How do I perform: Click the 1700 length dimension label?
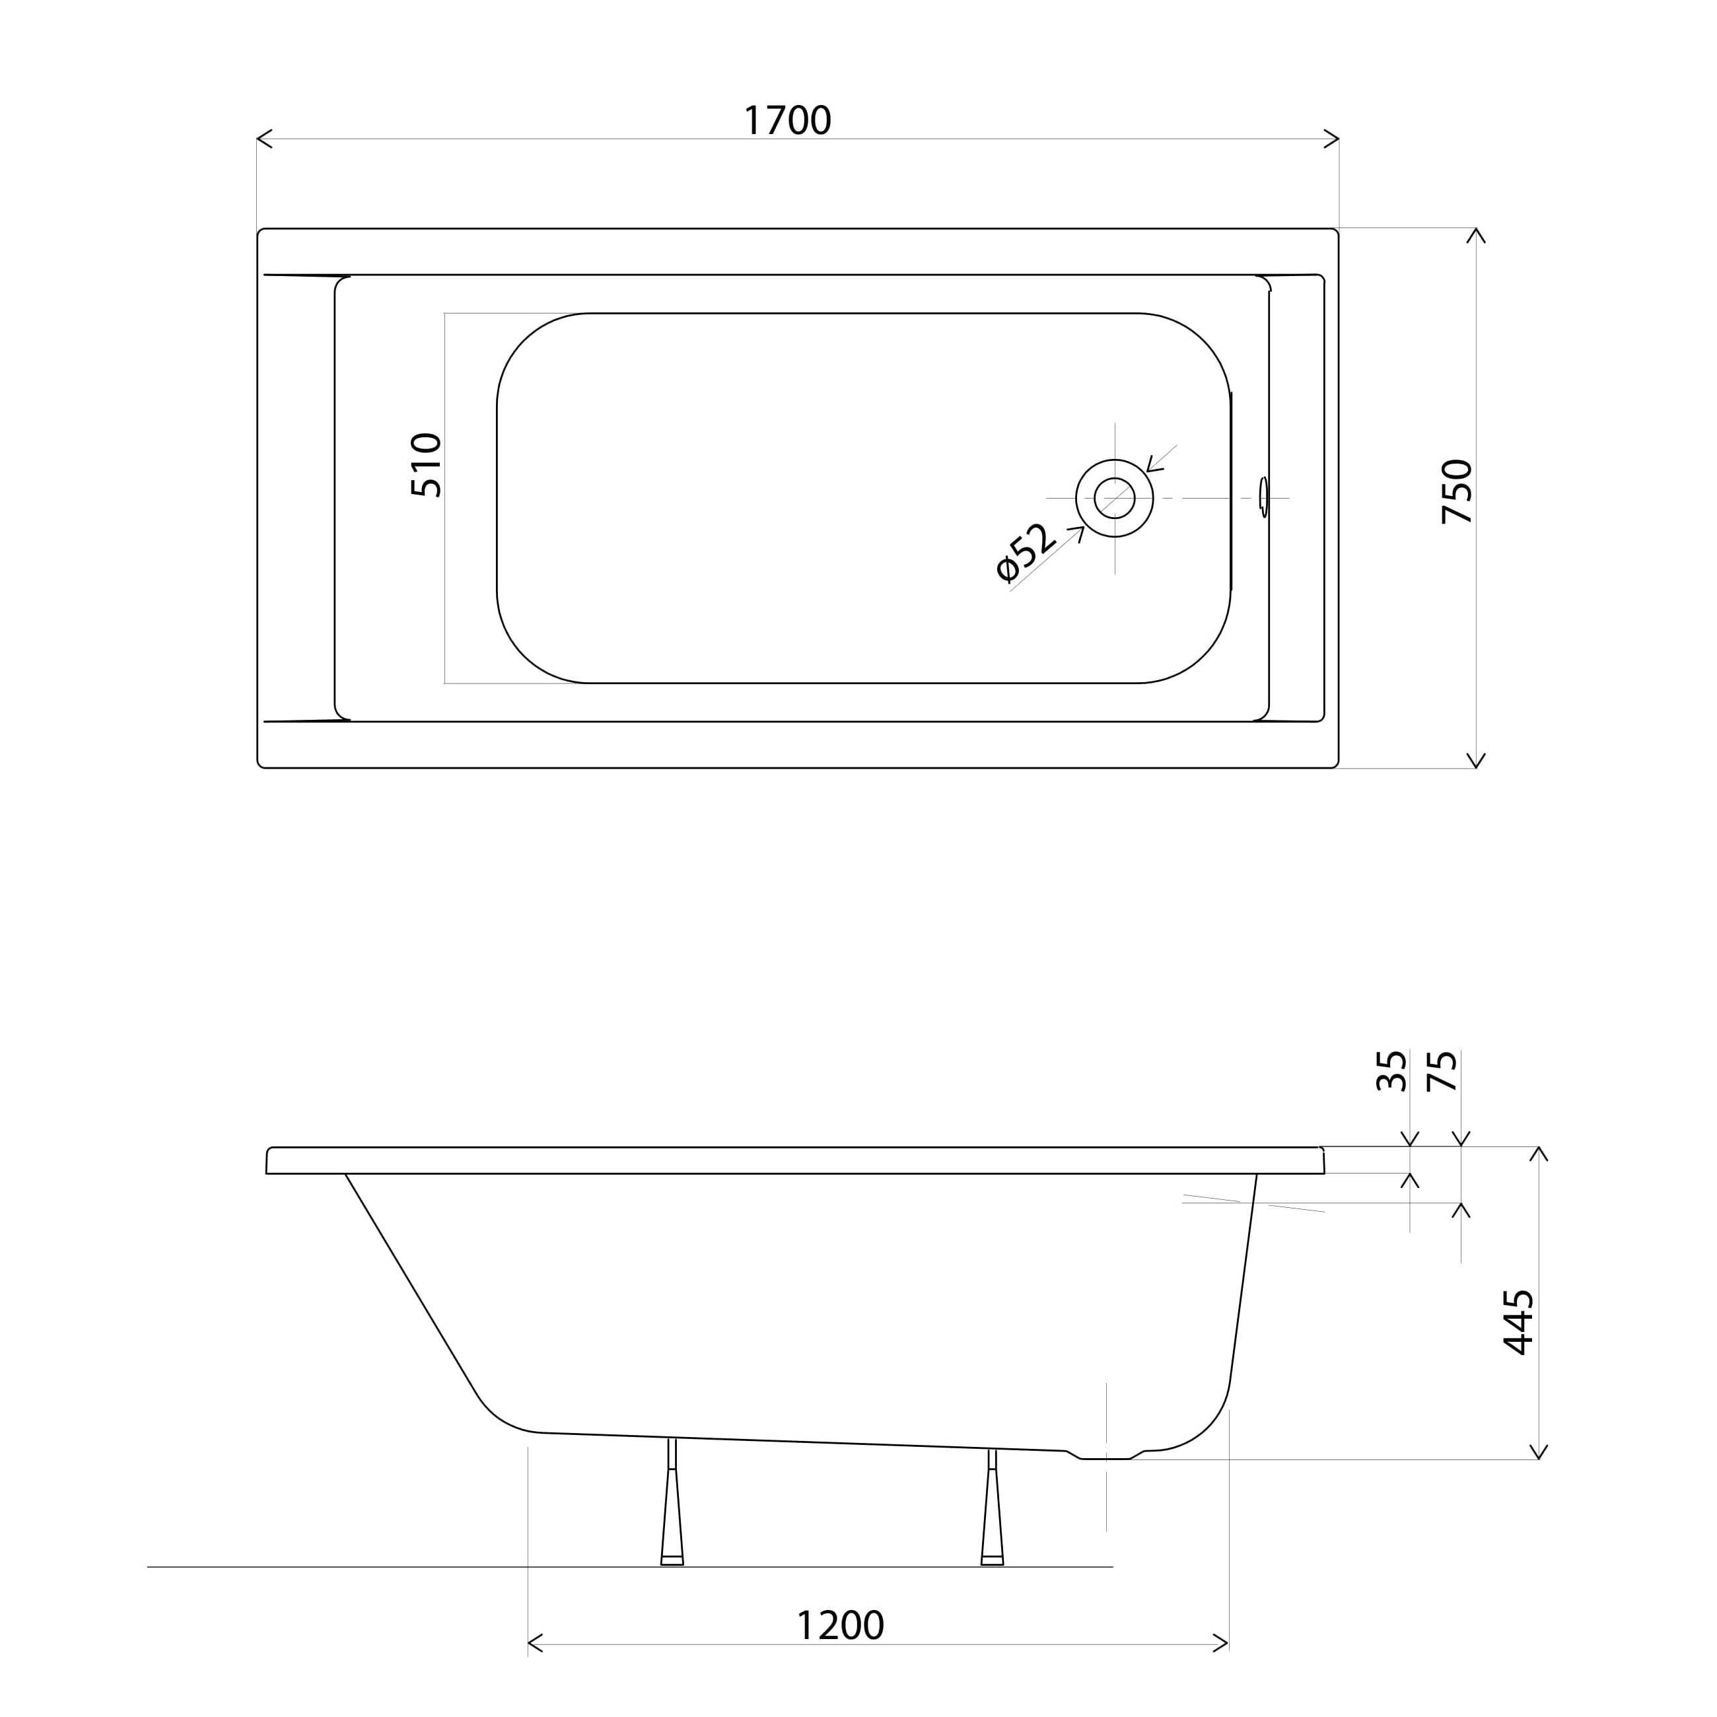tap(787, 120)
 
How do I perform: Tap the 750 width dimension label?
tap(1457, 491)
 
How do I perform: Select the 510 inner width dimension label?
tap(426, 465)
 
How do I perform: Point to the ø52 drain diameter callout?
tap(1025, 552)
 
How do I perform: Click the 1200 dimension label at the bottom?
tap(840, 1625)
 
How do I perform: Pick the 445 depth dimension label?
tap(1518, 1322)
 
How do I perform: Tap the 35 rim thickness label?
tap(1391, 1071)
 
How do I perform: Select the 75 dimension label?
tap(1442, 1071)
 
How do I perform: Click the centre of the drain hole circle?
tap(1115, 498)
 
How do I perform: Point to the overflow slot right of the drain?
tap(1264, 497)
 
